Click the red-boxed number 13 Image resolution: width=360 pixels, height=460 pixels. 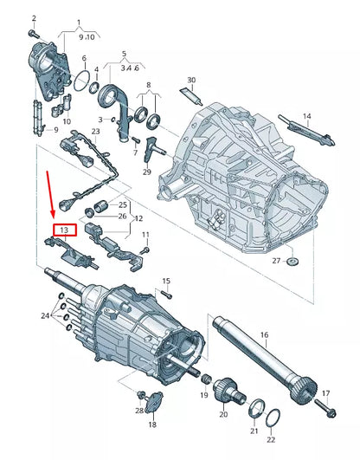click(x=64, y=230)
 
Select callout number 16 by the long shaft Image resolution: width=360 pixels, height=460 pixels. click(x=264, y=334)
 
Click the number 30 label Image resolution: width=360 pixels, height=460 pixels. click(x=191, y=81)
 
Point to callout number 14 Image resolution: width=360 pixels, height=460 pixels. click(x=305, y=116)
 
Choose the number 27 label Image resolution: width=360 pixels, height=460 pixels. click(x=276, y=260)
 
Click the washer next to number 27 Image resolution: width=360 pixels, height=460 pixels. click(x=292, y=261)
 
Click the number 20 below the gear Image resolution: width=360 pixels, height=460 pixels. click(x=222, y=415)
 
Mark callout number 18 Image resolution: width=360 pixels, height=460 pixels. click(x=152, y=425)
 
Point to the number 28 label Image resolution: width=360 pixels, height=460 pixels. click(x=138, y=410)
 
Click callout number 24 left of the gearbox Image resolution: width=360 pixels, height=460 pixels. click(x=45, y=315)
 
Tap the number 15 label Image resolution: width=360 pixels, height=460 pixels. click(x=167, y=282)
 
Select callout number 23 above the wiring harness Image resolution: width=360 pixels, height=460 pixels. click(x=95, y=132)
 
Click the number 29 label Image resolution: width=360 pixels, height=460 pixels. click(x=146, y=172)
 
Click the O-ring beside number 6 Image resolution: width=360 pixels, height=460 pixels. click(x=82, y=83)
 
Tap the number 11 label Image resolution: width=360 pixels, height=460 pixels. click(x=145, y=236)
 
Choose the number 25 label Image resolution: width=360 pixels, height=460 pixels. click(x=121, y=205)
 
